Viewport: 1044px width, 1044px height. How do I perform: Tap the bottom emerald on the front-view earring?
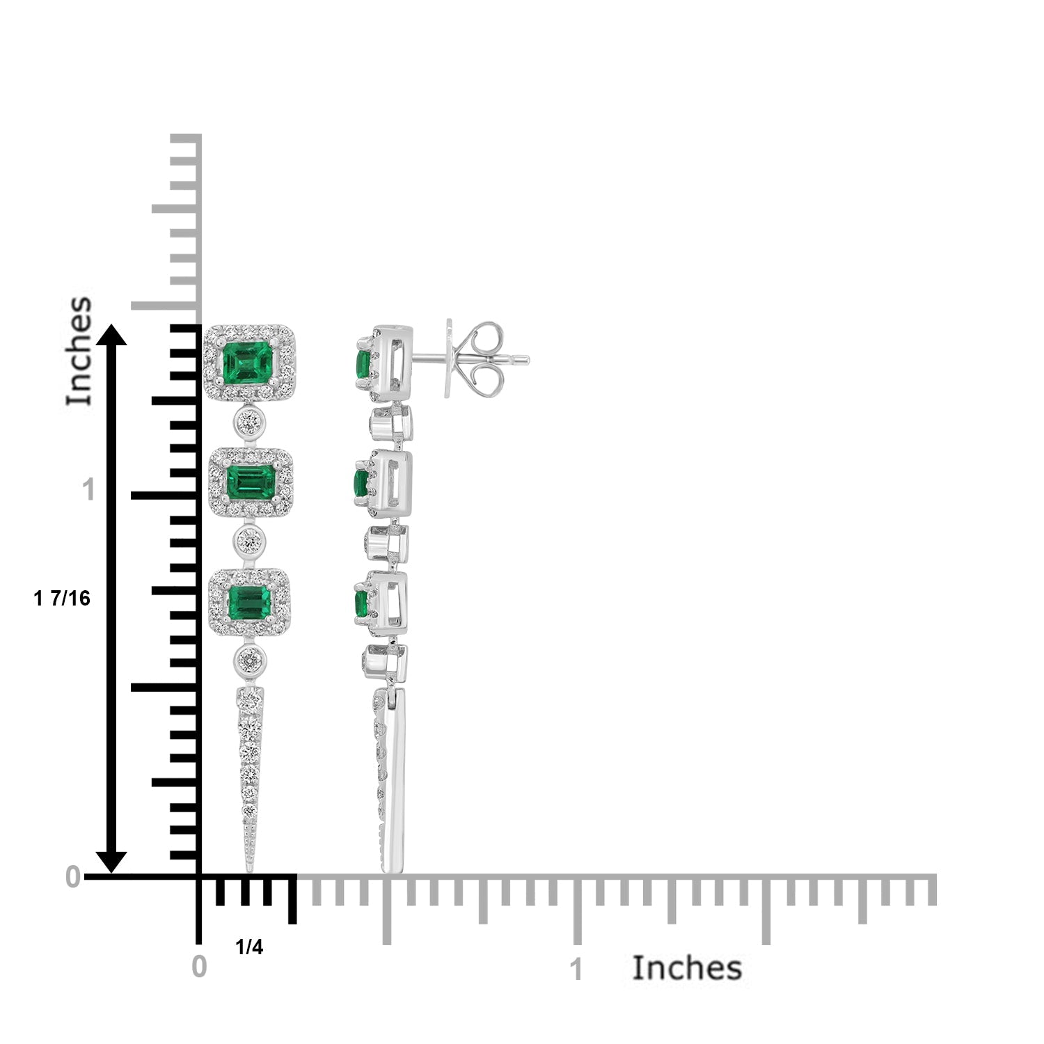coord(248,601)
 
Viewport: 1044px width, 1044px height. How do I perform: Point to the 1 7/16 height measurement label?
coord(62,599)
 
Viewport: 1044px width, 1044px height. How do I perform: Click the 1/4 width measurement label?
coord(249,947)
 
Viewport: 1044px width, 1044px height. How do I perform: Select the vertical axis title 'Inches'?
coord(79,351)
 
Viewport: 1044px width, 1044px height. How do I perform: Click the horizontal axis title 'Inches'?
coord(687,967)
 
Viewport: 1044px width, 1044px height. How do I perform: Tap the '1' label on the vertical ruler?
coord(88,491)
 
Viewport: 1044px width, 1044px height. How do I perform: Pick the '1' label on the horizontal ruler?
coord(576,970)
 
